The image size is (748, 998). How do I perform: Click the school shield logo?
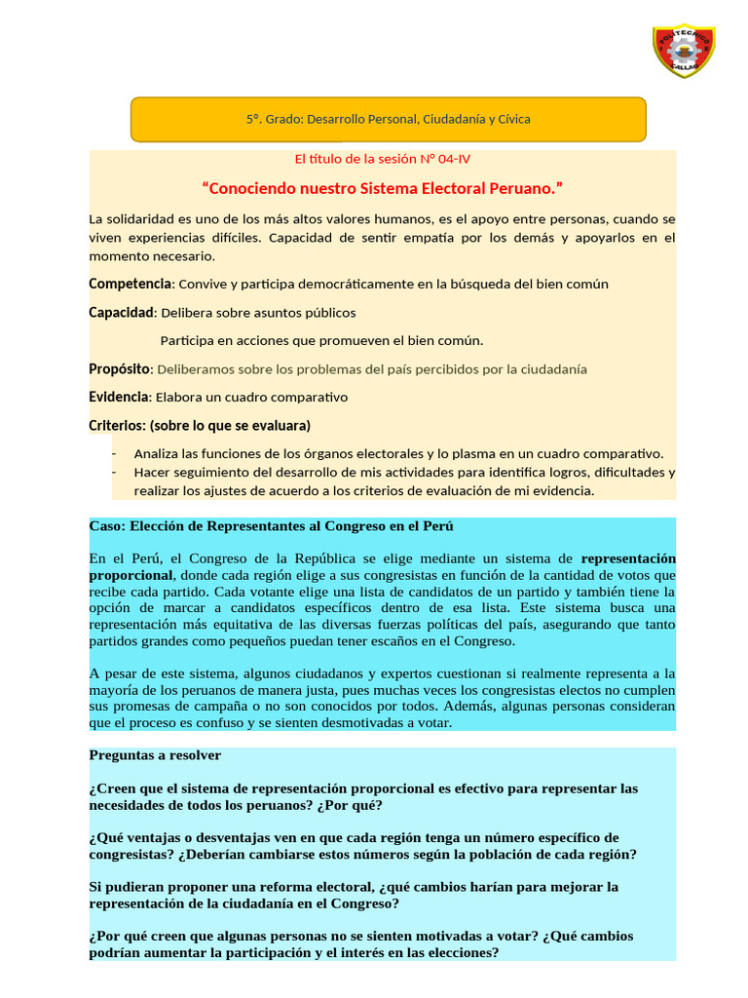(x=683, y=52)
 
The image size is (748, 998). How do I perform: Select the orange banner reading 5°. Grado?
(x=388, y=119)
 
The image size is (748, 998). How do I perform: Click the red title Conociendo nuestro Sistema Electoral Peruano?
(x=382, y=187)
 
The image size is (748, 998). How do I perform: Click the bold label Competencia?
(x=130, y=284)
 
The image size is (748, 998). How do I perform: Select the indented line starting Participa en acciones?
(x=321, y=340)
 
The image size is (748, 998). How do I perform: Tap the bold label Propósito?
(x=119, y=369)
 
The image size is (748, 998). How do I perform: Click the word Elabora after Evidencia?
(x=180, y=398)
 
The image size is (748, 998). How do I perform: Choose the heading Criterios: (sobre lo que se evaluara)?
(x=200, y=426)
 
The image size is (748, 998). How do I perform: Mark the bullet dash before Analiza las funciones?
(x=114, y=454)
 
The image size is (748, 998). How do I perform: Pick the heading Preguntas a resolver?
(x=155, y=755)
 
